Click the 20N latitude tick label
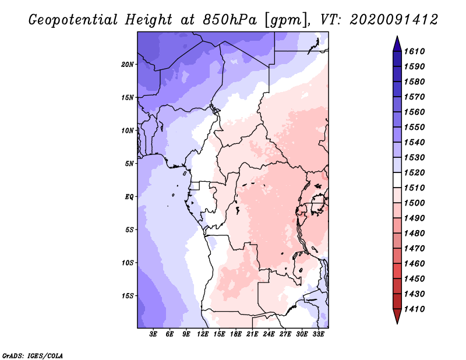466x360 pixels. tap(128, 65)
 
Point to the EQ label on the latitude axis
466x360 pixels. tap(129, 197)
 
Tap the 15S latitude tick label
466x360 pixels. tap(128, 296)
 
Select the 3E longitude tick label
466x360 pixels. tap(153, 334)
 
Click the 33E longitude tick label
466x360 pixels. tap(318, 334)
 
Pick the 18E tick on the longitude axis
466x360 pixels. tap(236, 334)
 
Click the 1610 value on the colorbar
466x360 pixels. tap(414, 51)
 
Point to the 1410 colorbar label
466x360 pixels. tap(414, 309)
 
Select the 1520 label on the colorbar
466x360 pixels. tap(414, 172)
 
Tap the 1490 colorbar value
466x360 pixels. tap(414, 218)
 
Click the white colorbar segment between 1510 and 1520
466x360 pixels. tap(397, 180)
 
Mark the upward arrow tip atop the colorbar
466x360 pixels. tap(397, 36)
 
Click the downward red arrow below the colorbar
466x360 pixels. tap(397, 316)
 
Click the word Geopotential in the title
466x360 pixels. tap(73, 20)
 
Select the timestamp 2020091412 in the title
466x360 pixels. tap(394, 20)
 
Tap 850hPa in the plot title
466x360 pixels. tap(230, 20)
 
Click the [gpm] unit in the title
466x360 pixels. tap(286, 21)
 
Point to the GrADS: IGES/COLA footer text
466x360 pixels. tap(33, 356)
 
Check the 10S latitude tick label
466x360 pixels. tap(128, 263)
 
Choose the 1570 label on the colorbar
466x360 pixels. tap(414, 97)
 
